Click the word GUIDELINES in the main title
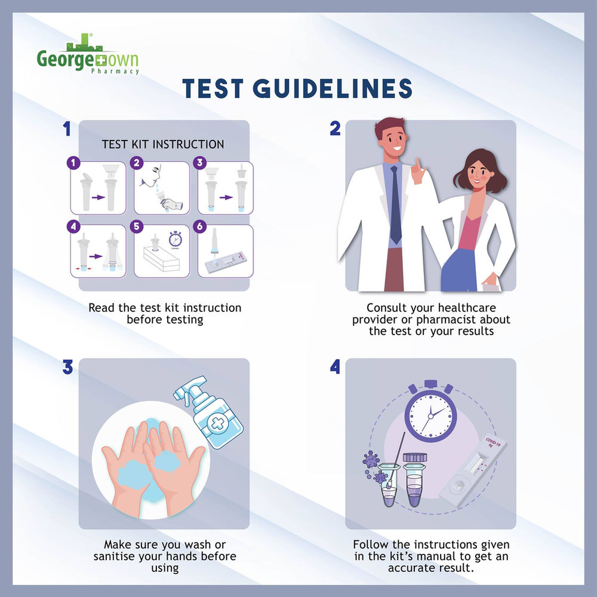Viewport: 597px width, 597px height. coord(333,88)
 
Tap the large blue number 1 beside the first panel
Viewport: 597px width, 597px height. coord(67,129)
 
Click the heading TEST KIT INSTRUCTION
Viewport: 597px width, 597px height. coord(163,145)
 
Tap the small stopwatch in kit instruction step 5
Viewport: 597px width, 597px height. coord(176,237)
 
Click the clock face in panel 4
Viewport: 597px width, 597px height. coord(430,414)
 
